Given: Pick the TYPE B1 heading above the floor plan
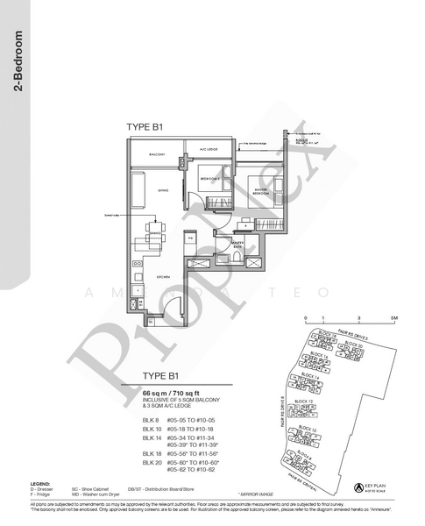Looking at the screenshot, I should tap(145, 128).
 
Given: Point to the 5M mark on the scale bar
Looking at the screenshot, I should tap(394, 319).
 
